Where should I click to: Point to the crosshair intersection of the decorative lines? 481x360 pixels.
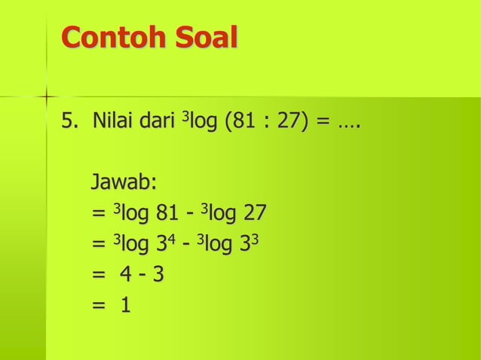[x=46, y=97]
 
